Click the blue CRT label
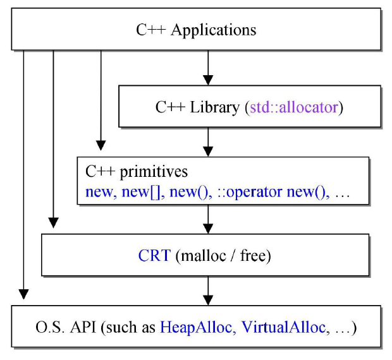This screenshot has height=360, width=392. [x=154, y=256]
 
